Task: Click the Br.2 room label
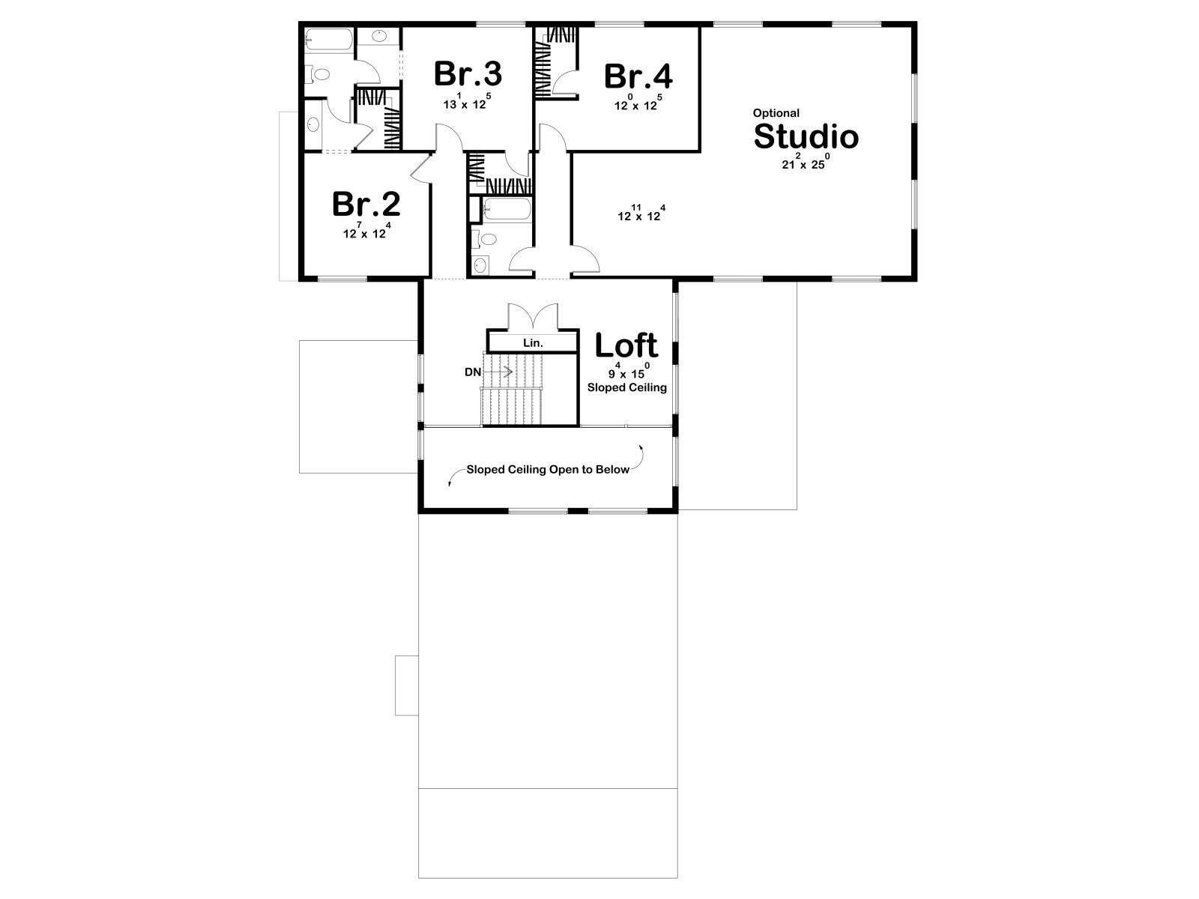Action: (x=366, y=204)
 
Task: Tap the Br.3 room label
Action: (x=468, y=73)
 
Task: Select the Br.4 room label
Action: (x=638, y=76)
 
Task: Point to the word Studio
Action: (x=806, y=136)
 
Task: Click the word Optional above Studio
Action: (x=776, y=113)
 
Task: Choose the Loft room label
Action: (x=626, y=345)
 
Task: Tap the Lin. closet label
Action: (x=533, y=343)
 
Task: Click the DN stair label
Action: (x=473, y=372)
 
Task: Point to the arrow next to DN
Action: (x=498, y=372)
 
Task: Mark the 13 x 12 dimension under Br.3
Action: (x=467, y=102)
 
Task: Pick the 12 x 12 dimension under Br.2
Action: (x=366, y=231)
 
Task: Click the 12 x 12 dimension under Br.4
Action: (x=638, y=103)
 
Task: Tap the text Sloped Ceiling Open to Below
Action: (x=548, y=470)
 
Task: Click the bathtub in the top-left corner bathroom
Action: (x=329, y=39)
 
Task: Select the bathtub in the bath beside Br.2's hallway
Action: (x=507, y=210)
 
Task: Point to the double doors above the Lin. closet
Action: (x=533, y=317)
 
